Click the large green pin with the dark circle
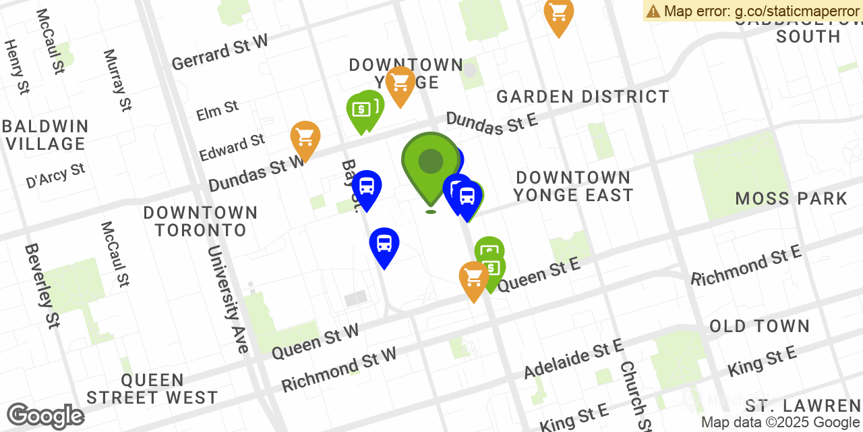(x=431, y=163)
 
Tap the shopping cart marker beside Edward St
(x=305, y=138)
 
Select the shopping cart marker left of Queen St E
(x=473, y=278)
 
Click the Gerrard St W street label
(x=219, y=52)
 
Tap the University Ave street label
(x=228, y=299)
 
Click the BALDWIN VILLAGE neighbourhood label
(x=45, y=135)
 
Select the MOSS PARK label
(x=791, y=198)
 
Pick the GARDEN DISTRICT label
(x=583, y=97)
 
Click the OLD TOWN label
(x=759, y=327)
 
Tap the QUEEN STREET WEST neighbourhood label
(x=152, y=389)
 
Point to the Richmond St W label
(x=338, y=369)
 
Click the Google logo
(x=45, y=416)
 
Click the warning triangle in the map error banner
(x=653, y=11)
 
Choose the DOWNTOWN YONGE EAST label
(x=573, y=186)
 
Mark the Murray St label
(x=117, y=80)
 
